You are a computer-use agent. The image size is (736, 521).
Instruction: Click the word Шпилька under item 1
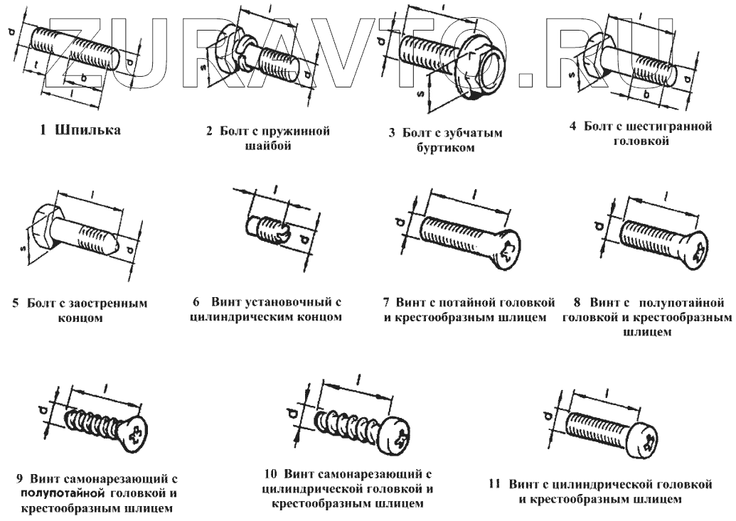[x=90, y=131]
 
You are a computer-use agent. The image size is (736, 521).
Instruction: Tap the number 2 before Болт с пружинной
[x=210, y=132]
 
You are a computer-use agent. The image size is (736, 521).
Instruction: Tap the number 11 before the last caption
[x=496, y=485]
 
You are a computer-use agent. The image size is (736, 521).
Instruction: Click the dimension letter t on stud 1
[x=36, y=66]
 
